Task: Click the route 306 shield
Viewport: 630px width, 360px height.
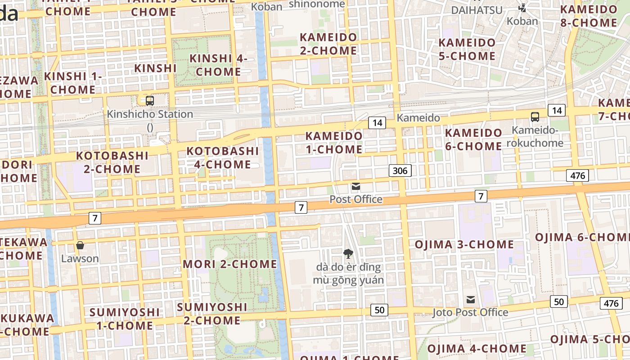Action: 400,171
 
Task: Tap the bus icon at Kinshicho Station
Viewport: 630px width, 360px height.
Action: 150,101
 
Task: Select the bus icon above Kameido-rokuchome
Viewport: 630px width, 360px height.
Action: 535,117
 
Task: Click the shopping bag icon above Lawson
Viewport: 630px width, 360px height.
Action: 80,245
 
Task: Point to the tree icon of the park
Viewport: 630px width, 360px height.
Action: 348,254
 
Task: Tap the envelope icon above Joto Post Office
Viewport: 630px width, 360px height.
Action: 471,300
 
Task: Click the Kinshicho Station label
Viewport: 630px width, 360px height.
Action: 150,114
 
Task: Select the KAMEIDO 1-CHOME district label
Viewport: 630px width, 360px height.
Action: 334,142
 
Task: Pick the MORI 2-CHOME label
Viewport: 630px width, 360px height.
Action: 229,264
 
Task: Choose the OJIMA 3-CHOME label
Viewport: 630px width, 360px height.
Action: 464,244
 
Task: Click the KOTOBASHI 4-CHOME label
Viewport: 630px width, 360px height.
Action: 223,157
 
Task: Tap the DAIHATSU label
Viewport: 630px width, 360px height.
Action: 477,10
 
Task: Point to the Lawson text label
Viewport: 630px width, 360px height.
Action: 80,259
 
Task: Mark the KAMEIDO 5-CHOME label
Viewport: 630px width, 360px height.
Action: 467,49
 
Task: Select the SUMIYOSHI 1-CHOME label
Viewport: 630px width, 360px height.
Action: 124,319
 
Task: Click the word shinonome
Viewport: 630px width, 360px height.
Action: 317,4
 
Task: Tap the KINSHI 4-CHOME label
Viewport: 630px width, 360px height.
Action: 219,65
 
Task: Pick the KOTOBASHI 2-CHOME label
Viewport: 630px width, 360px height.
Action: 112,162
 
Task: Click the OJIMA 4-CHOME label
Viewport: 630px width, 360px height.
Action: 477,348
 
